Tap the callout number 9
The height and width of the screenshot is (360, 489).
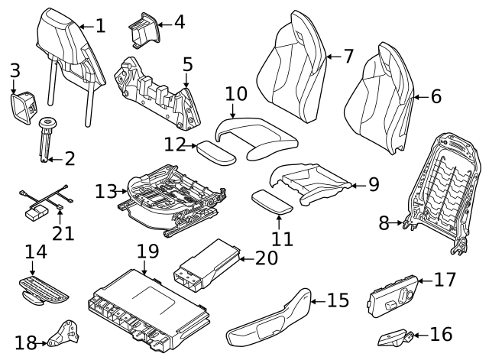(373, 184)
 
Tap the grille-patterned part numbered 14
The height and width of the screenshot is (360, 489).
(44, 288)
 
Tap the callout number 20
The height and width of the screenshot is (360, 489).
(267, 258)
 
